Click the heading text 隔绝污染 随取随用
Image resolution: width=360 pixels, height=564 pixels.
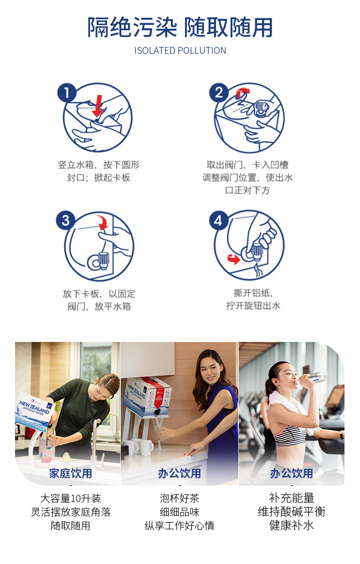[x=180, y=27]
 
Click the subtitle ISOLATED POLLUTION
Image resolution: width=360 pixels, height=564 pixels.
[x=180, y=51]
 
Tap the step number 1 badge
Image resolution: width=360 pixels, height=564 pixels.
[x=67, y=93]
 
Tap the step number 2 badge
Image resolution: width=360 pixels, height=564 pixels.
[x=219, y=93]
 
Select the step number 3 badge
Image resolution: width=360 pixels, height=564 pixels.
[x=66, y=221]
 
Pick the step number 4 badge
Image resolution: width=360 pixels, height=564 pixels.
[x=219, y=221]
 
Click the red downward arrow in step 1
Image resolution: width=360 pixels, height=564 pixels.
[x=97, y=107]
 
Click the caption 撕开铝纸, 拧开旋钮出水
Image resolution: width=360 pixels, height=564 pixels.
[x=253, y=300]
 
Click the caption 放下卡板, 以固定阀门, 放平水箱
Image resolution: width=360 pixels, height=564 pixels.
[x=99, y=300]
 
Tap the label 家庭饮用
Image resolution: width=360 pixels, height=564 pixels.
[x=71, y=473]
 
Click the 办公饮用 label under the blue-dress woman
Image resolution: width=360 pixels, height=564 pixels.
[x=179, y=473]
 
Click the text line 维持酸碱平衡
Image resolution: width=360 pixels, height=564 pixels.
[x=292, y=512]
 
